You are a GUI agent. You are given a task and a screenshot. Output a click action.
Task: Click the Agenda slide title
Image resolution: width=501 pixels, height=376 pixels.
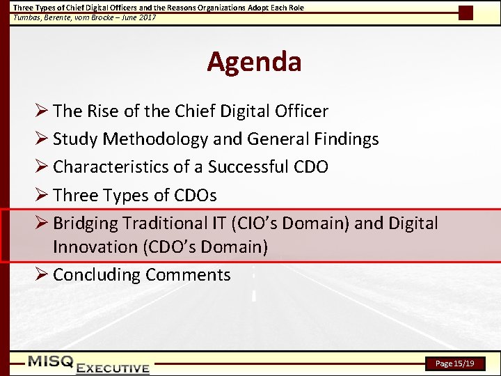254,62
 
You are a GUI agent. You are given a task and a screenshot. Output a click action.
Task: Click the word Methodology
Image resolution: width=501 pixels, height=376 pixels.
155,139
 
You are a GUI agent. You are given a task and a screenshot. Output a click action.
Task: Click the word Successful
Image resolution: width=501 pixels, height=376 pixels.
253,167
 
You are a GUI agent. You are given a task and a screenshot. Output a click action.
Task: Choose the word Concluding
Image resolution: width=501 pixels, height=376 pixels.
97,275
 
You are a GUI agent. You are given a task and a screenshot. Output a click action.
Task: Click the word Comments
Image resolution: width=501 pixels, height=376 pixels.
188,275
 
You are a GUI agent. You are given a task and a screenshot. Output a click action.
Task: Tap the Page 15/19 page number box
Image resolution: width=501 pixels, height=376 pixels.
454,363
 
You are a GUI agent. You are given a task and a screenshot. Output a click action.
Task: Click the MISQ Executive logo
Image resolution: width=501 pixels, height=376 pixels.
88,364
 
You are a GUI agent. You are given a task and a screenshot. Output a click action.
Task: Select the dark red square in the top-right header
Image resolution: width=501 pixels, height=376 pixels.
466,13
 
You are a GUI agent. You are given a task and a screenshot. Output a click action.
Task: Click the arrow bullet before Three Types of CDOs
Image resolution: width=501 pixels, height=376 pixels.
42,195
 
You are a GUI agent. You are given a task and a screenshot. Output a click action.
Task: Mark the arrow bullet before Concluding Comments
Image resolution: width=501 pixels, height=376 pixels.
42,275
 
